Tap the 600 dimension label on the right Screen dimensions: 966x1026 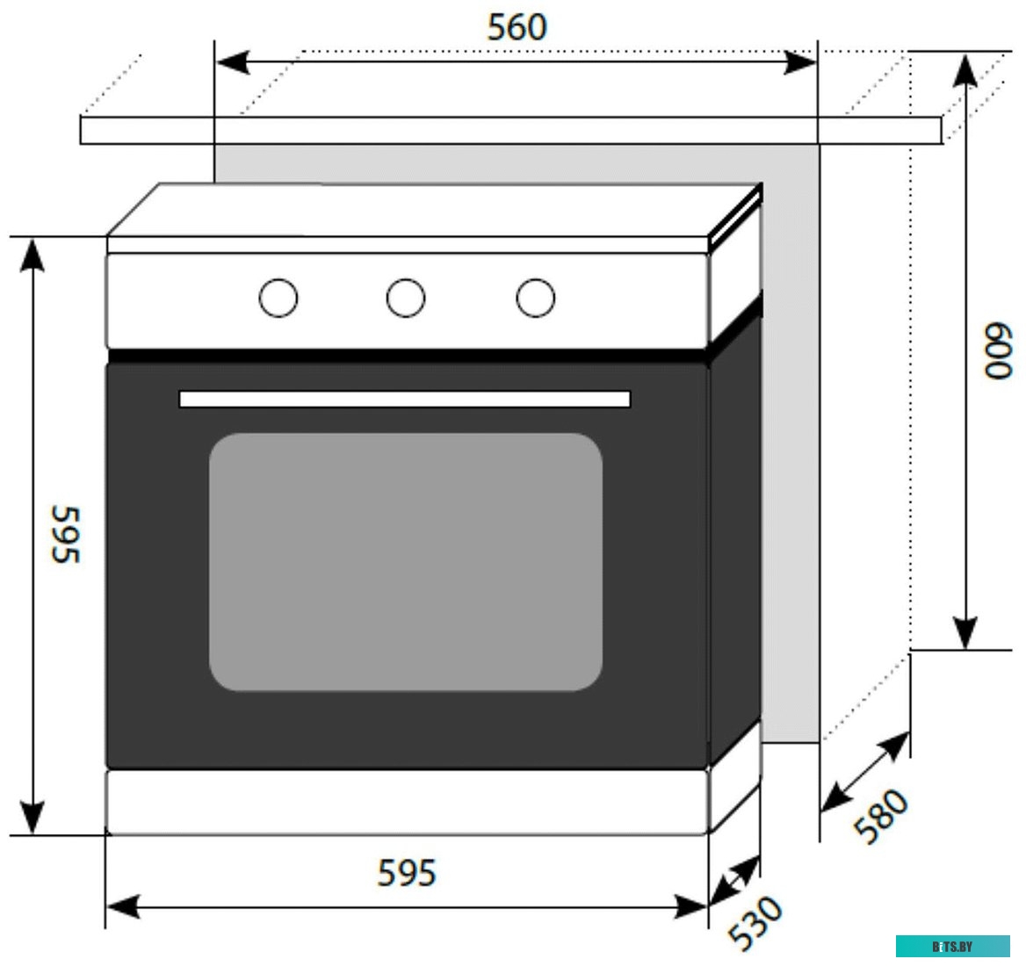click(x=998, y=351)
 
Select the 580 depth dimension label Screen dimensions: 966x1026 click(x=881, y=817)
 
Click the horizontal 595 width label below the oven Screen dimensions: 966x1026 click(x=406, y=873)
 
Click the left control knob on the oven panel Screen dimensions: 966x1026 click(x=278, y=298)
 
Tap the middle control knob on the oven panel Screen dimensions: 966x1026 click(x=406, y=298)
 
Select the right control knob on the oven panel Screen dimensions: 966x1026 click(x=535, y=298)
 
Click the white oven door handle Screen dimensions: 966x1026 click(x=404, y=400)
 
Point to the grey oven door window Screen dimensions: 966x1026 click(x=405, y=562)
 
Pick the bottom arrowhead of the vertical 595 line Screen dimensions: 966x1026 click(x=33, y=818)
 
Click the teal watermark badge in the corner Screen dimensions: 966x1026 click(x=952, y=946)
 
